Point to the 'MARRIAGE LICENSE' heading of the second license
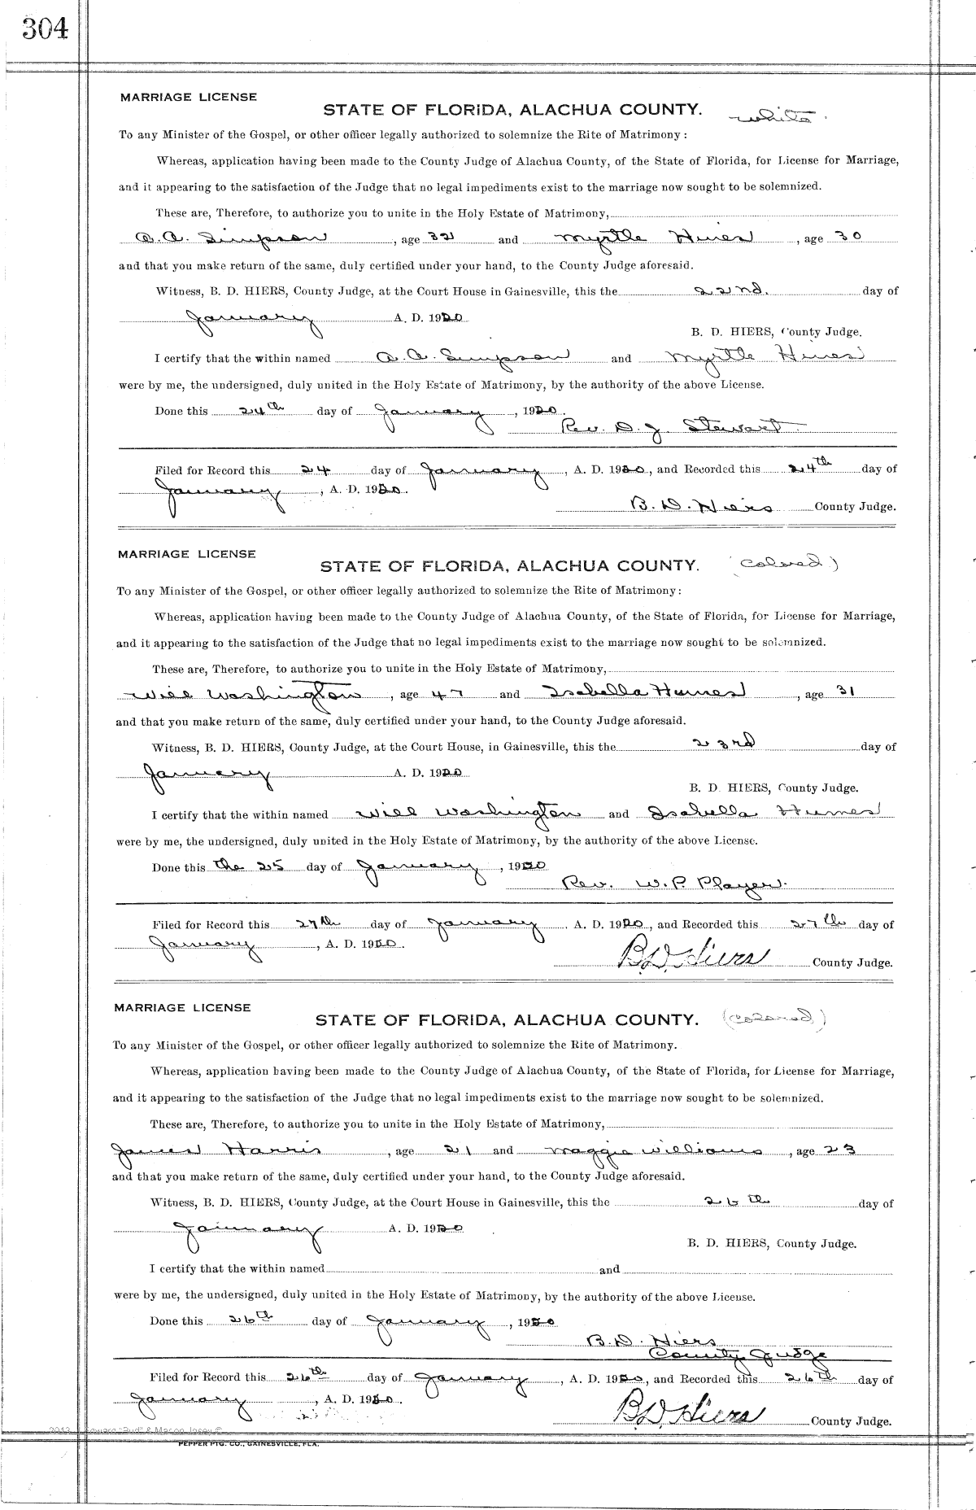pos(186,554)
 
